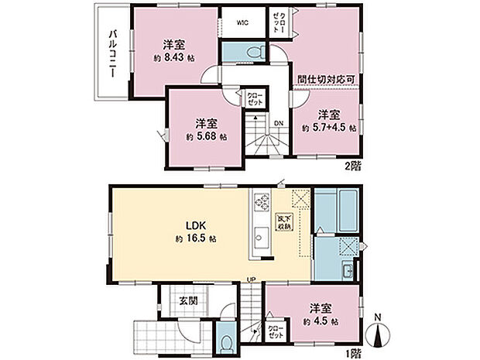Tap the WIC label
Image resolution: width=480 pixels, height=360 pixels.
242,23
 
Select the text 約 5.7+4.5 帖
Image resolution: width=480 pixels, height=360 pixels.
329,128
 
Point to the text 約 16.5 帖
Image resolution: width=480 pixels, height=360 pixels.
196,238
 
